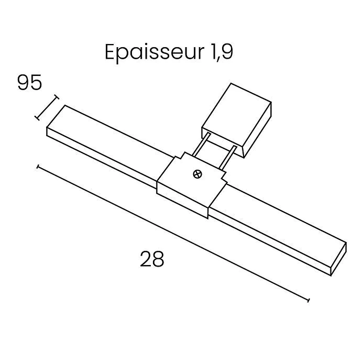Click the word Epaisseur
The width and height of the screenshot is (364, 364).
click(x=155, y=53)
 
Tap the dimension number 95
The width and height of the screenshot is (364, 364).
click(x=29, y=82)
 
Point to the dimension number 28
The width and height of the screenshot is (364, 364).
click(x=152, y=259)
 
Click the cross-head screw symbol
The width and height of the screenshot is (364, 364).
click(x=197, y=174)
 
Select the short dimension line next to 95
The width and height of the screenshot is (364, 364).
click(x=47, y=107)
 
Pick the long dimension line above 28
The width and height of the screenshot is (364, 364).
click(x=173, y=234)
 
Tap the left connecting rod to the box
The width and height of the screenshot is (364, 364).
click(x=201, y=145)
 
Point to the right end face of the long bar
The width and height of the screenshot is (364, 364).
click(x=338, y=259)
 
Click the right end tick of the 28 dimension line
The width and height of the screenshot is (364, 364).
click(x=308, y=301)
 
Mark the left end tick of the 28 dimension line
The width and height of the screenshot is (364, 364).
click(x=38, y=167)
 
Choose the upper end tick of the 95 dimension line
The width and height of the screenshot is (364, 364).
click(x=56, y=97)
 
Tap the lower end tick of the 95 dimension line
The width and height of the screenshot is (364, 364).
click(x=37, y=118)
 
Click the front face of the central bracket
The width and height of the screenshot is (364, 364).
click(x=182, y=200)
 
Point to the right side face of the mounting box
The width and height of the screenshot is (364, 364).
click(x=258, y=130)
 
